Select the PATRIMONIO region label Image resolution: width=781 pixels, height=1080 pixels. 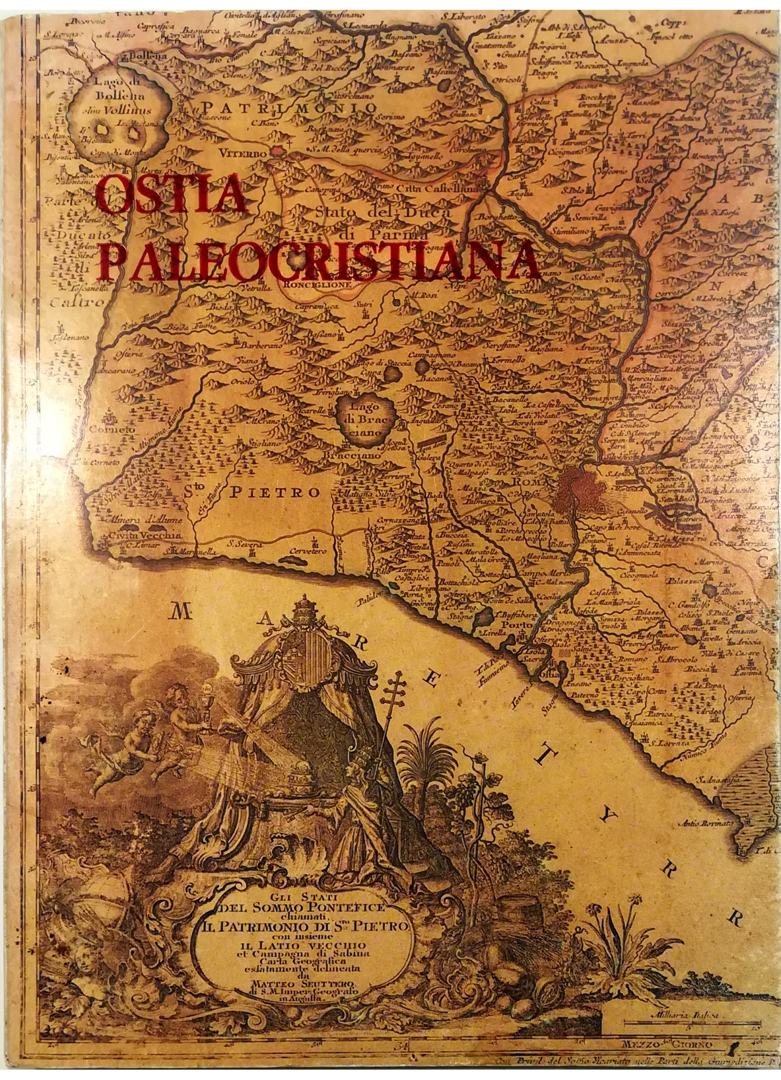click(289, 107)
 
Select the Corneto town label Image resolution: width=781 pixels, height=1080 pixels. click(112, 429)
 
